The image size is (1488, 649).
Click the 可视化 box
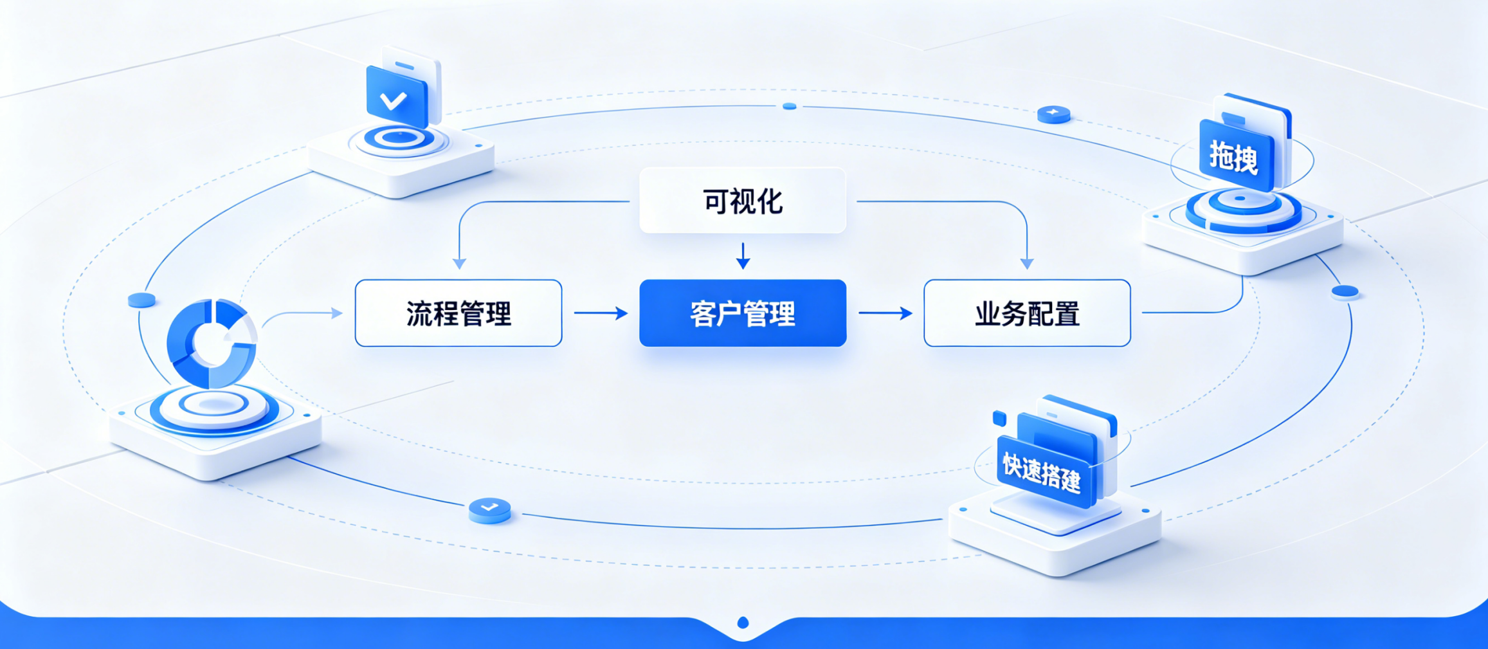[x=743, y=201]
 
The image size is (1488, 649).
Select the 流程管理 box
[x=458, y=313]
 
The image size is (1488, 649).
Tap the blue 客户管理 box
[x=743, y=313]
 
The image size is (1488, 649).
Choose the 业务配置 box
[x=1027, y=313]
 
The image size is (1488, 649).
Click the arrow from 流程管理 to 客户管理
[x=601, y=313]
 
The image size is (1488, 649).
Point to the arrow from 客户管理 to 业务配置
[x=885, y=313]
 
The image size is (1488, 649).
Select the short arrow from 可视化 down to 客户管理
[x=743, y=256]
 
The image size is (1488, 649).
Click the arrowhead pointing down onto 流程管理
[x=459, y=264]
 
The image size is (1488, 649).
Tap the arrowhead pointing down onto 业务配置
[x=1027, y=264]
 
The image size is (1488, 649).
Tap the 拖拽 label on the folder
[x=1233, y=157]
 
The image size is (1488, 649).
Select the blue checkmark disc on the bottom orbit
[x=490, y=510]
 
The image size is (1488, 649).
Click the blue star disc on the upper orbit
[x=1054, y=114]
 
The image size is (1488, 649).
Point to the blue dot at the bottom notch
[x=743, y=623]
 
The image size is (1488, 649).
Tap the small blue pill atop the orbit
[x=790, y=106]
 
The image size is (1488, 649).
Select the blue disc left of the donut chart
[x=141, y=300]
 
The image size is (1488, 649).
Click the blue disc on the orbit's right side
[x=1345, y=292]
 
